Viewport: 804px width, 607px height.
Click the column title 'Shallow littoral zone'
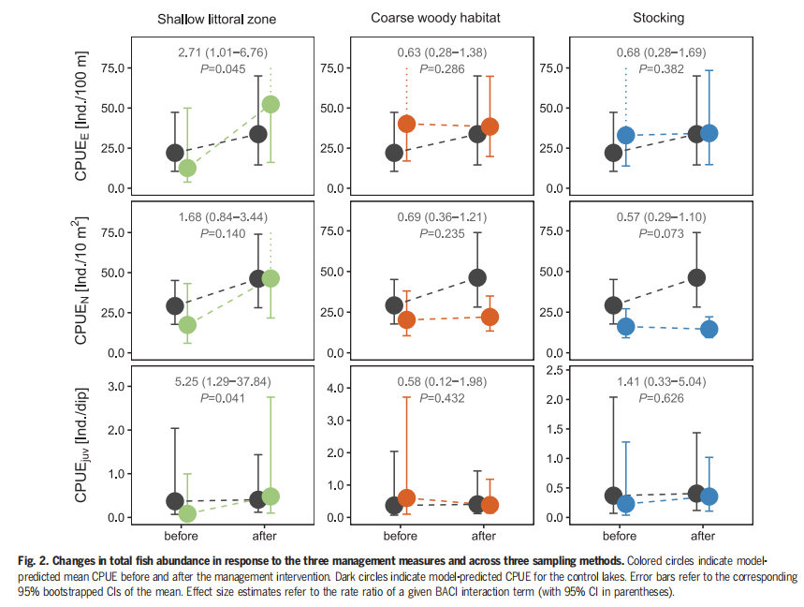pos(216,18)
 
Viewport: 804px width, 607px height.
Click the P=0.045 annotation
pos(222,68)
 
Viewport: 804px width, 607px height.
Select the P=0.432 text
pos(442,398)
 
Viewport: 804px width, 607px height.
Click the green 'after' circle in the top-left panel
pos(271,104)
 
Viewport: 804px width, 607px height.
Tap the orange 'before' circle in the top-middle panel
pos(406,124)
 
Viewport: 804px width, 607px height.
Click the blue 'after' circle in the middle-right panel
pos(709,329)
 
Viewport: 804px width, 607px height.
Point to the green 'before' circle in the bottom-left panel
pos(187,513)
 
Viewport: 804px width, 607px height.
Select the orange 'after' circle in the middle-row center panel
pos(490,317)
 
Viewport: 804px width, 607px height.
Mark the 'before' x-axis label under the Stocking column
pos(621,537)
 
